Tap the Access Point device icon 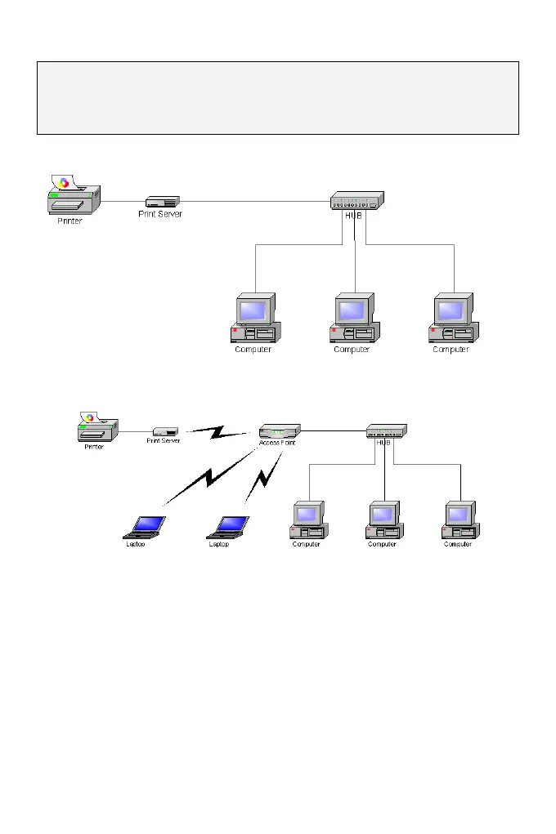point(280,430)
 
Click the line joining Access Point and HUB point(333,430)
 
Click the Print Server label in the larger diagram point(160,214)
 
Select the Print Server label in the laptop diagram point(164,441)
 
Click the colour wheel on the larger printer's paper point(64,182)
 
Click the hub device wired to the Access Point point(386,430)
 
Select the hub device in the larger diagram point(356,200)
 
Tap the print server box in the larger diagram point(163,201)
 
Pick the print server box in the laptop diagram point(166,430)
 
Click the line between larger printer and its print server point(123,201)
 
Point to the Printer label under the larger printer point(69,221)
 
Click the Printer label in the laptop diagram point(94,447)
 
